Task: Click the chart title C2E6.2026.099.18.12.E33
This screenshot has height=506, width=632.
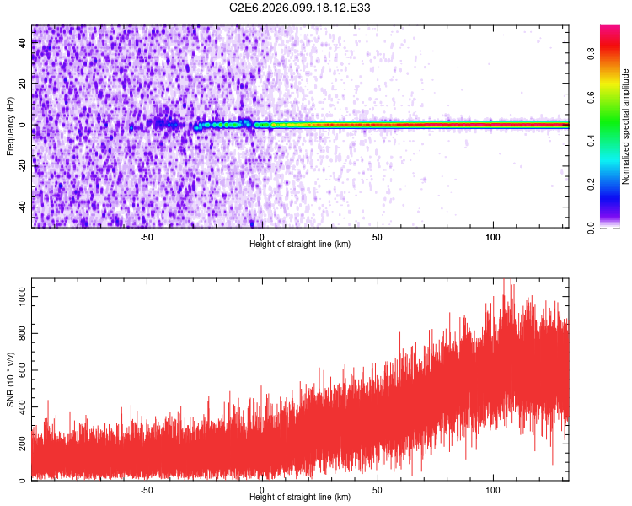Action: coord(300,8)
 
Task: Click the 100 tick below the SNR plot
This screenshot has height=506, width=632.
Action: coord(493,489)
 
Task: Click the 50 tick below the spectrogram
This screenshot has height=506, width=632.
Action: coord(378,236)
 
